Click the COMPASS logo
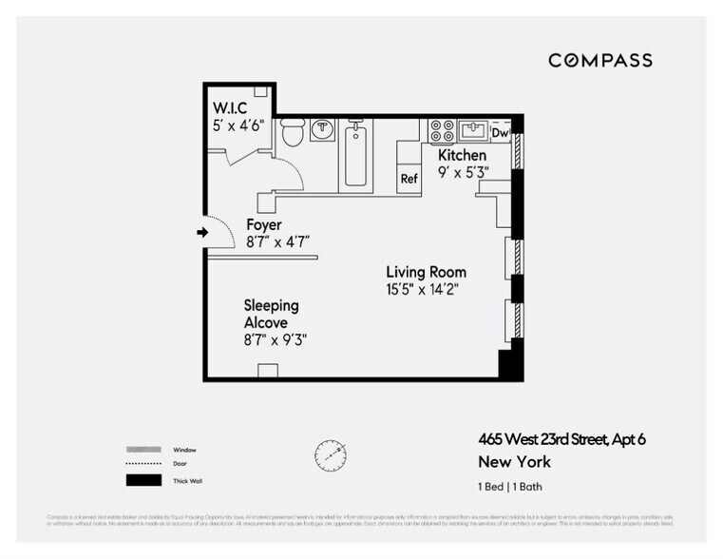[599, 60]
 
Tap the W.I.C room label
[231, 107]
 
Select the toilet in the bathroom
[294, 131]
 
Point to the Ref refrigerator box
[409, 179]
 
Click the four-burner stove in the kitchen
[442, 130]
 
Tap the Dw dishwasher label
[500, 134]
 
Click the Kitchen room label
[462, 155]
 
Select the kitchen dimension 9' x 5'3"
[462, 173]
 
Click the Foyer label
[264, 225]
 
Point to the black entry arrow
[203, 232]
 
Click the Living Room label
[426, 273]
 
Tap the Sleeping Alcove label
[271, 314]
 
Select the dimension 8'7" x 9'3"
[276, 338]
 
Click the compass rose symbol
[330, 454]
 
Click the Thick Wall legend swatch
[140, 481]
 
